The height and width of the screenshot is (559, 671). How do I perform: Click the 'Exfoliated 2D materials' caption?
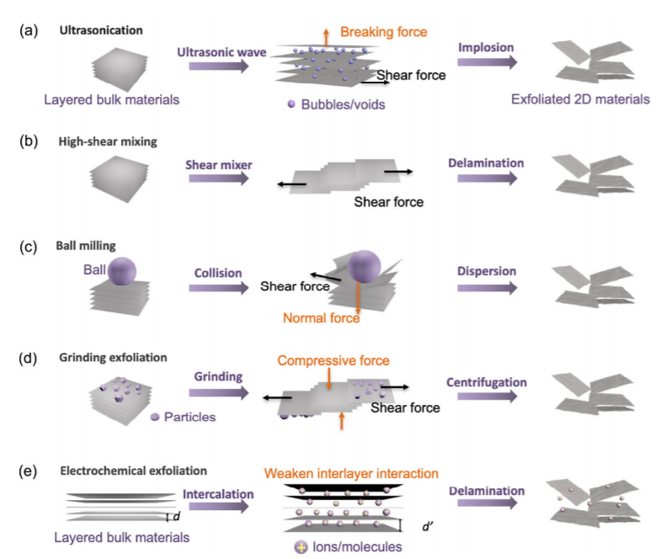click(x=580, y=99)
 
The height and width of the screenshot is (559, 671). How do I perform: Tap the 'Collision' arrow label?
click(x=217, y=273)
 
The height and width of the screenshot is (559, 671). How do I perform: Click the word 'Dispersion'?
click(x=487, y=272)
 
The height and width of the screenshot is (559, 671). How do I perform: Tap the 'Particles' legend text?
click(x=191, y=417)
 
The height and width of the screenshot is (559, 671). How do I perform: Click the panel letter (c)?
click(x=29, y=248)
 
